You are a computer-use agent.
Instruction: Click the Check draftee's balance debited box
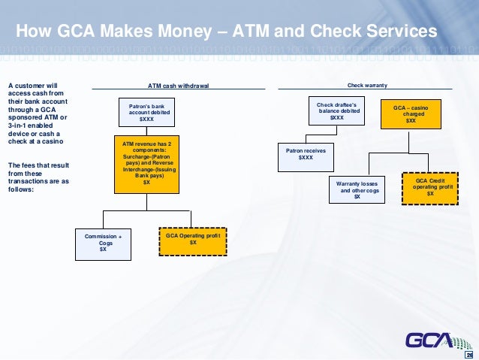click(x=337, y=111)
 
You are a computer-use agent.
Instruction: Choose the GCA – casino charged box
click(x=411, y=114)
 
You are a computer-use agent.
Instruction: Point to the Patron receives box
click(x=306, y=154)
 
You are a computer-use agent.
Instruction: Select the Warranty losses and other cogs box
click(x=357, y=189)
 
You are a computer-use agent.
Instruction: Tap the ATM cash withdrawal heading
click(x=178, y=86)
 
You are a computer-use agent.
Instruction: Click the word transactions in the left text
click(x=29, y=181)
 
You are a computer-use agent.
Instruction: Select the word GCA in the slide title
click(x=65, y=32)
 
